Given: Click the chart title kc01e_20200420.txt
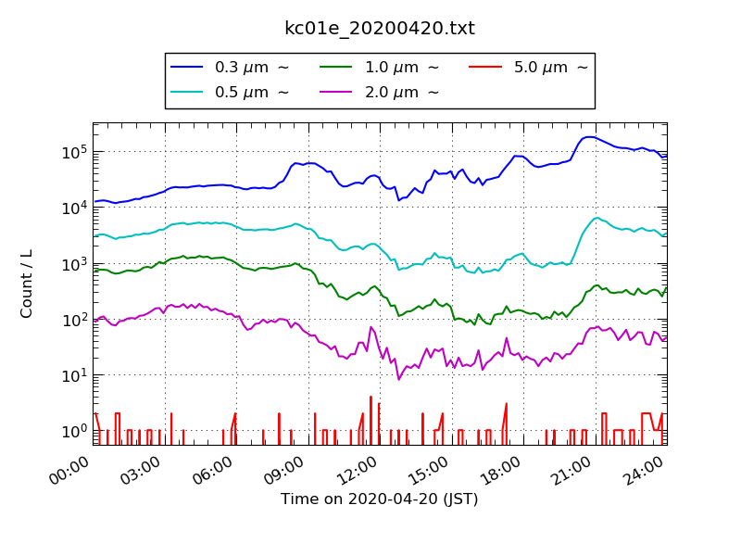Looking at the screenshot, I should click(x=380, y=29).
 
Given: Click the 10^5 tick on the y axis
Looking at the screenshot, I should click(x=74, y=151).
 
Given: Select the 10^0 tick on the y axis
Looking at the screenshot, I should click(x=74, y=431).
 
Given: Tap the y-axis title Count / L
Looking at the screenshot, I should click(x=27, y=284).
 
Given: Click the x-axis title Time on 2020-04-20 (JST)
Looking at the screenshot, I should click(x=380, y=499).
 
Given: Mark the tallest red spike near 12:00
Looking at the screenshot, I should click(x=370, y=398).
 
